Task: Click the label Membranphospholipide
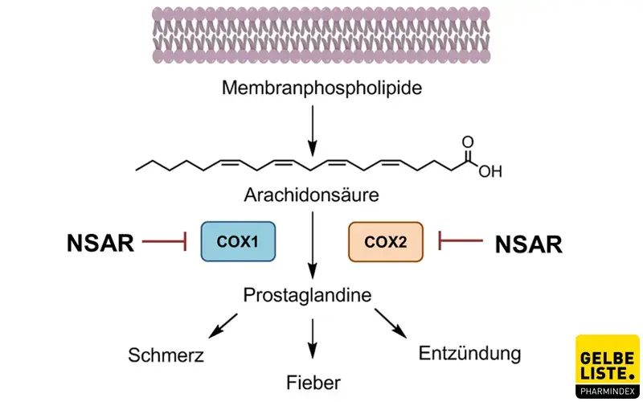pyautogui.click(x=311, y=86)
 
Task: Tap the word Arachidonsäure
pyautogui.click(x=311, y=195)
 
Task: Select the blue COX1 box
pyautogui.click(x=238, y=241)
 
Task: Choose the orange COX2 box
pyautogui.click(x=385, y=241)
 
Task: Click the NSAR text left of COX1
pyautogui.click(x=100, y=242)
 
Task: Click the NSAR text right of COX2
pyautogui.click(x=528, y=244)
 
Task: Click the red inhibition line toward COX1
pyautogui.click(x=164, y=241)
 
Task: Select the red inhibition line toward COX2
pyautogui.click(x=459, y=240)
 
